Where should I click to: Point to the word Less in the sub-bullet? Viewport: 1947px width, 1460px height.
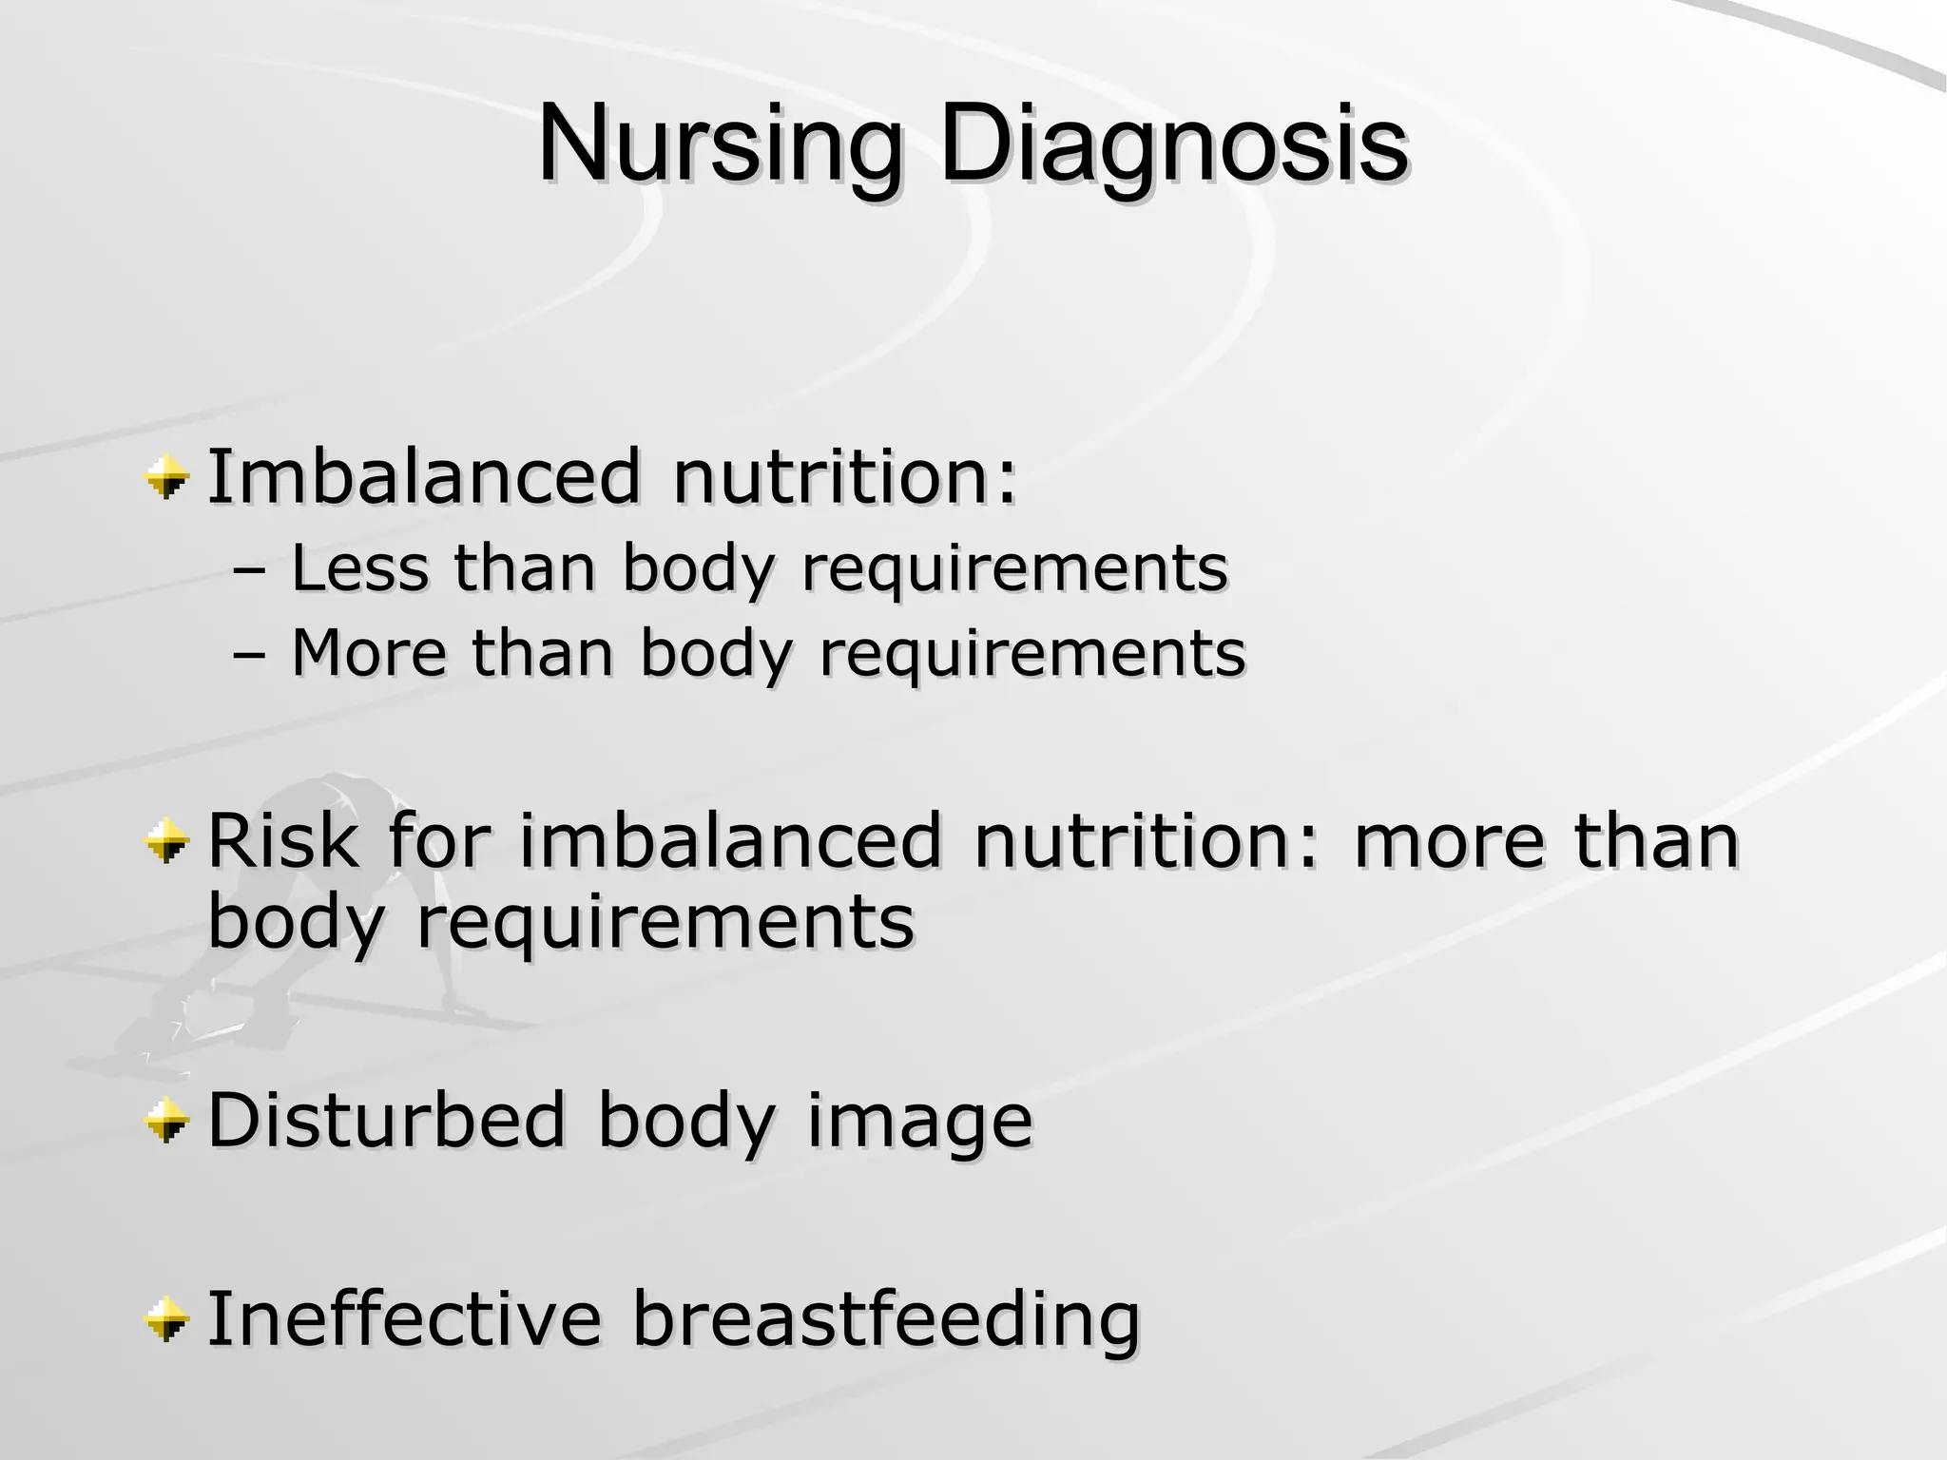tap(358, 568)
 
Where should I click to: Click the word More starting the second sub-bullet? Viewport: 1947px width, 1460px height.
tap(368, 653)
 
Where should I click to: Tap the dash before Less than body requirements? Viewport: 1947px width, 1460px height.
tap(249, 571)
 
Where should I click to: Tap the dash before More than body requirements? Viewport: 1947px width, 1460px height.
tap(249, 656)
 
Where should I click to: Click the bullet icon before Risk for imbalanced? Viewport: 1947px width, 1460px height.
tap(167, 840)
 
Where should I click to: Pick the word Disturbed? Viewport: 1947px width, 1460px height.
tap(386, 1121)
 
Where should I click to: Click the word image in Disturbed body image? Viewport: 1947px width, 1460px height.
tap(918, 1121)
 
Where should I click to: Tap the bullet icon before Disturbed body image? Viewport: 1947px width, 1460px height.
tap(167, 1121)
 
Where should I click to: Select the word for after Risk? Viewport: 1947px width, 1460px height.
tap(438, 840)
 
